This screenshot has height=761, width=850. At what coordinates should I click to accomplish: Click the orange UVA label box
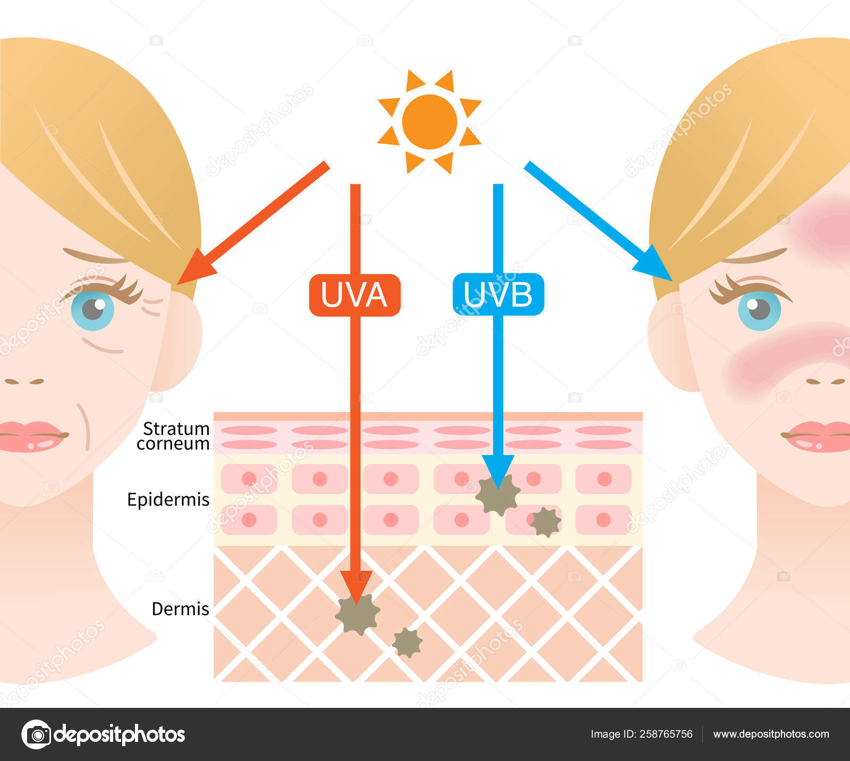point(355,295)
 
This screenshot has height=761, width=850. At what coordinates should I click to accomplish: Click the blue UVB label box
point(498,294)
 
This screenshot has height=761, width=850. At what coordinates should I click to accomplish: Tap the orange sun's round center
point(429,122)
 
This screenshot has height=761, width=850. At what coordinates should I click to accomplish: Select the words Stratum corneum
point(173,436)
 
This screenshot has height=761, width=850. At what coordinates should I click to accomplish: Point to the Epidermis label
point(168,500)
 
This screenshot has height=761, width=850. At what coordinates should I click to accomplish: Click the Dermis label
point(181,609)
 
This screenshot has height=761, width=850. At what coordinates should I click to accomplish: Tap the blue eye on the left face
point(92,310)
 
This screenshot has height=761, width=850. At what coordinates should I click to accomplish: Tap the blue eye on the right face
point(759,310)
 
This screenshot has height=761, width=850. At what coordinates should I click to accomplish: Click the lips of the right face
point(817,437)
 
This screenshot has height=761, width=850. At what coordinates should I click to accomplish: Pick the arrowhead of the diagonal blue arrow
point(654,264)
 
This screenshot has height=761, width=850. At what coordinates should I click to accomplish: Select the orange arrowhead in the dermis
point(356,587)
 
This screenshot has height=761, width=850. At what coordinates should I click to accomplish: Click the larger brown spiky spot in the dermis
point(358,614)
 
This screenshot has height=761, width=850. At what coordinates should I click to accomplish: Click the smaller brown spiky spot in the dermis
point(407,643)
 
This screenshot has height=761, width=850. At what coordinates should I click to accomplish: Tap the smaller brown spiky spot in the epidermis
point(546,522)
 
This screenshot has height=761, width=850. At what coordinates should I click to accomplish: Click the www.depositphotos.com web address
point(771,734)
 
